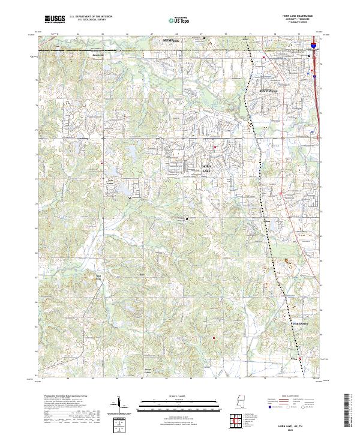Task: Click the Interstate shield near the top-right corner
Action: pyautogui.click(x=313, y=45)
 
